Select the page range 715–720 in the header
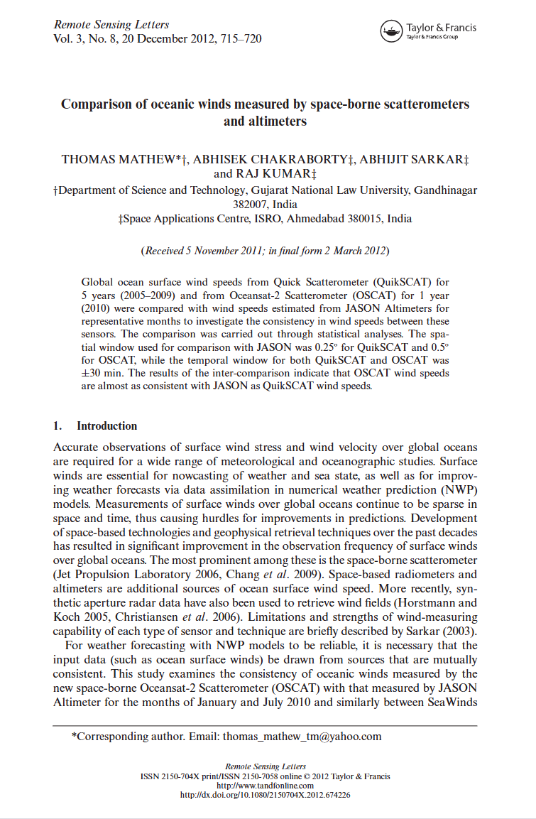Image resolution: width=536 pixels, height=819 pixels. click(240, 38)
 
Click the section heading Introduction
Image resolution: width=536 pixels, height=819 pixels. click(107, 426)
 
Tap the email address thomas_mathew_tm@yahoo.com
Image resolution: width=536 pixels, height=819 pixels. click(302, 736)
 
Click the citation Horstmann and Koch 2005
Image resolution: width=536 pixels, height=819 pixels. click(440, 603)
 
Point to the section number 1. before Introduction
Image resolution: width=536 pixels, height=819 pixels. click(58, 426)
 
